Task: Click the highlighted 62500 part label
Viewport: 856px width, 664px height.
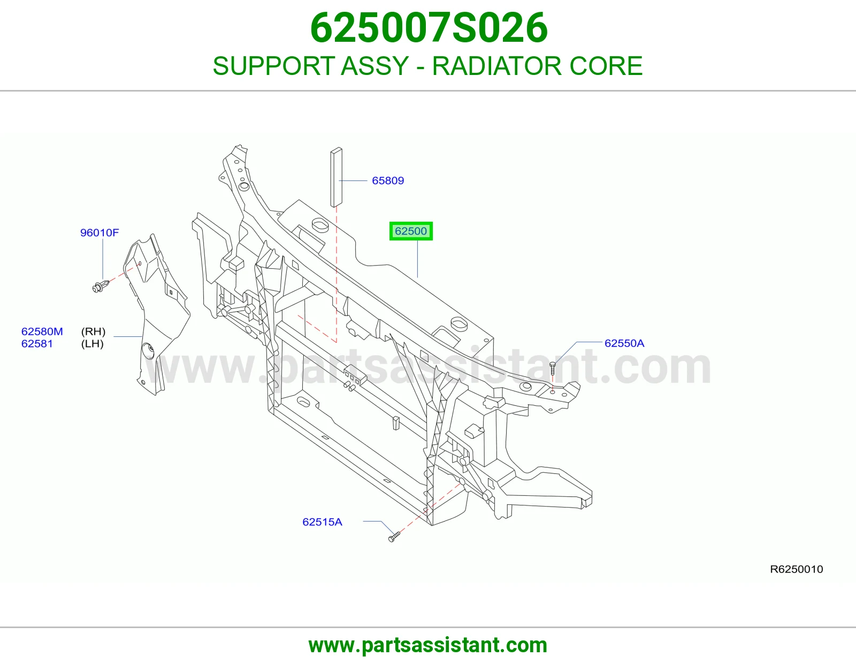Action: click(411, 231)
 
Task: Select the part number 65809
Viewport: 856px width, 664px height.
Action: click(388, 180)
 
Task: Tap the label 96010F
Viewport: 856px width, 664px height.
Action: click(100, 232)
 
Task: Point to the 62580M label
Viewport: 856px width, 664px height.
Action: click(42, 331)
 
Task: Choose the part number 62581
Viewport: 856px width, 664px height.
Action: click(37, 343)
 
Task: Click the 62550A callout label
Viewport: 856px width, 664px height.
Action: click(624, 343)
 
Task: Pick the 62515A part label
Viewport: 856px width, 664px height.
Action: click(322, 522)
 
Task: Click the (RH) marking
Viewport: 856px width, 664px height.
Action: click(94, 331)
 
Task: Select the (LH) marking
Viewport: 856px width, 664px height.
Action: click(92, 343)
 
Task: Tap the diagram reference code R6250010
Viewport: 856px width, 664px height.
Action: click(797, 569)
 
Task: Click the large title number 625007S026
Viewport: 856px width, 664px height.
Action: click(429, 28)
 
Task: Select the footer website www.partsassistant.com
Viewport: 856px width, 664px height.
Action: click(428, 645)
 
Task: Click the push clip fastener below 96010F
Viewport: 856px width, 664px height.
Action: click(101, 286)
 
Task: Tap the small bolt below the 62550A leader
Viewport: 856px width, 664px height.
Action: click(552, 368)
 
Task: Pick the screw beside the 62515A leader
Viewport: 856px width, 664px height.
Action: click(394, 537)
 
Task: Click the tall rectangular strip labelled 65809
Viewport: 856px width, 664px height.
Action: click(337, 177)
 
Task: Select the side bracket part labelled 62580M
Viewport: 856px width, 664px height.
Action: click(157, 315)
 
